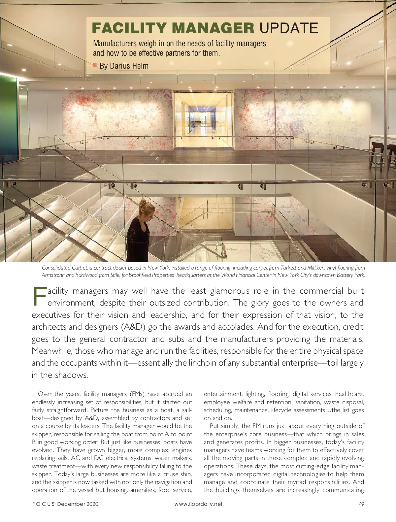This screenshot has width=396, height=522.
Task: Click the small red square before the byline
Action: point(95,64)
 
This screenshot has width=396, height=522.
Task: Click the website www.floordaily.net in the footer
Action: point(198,513)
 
